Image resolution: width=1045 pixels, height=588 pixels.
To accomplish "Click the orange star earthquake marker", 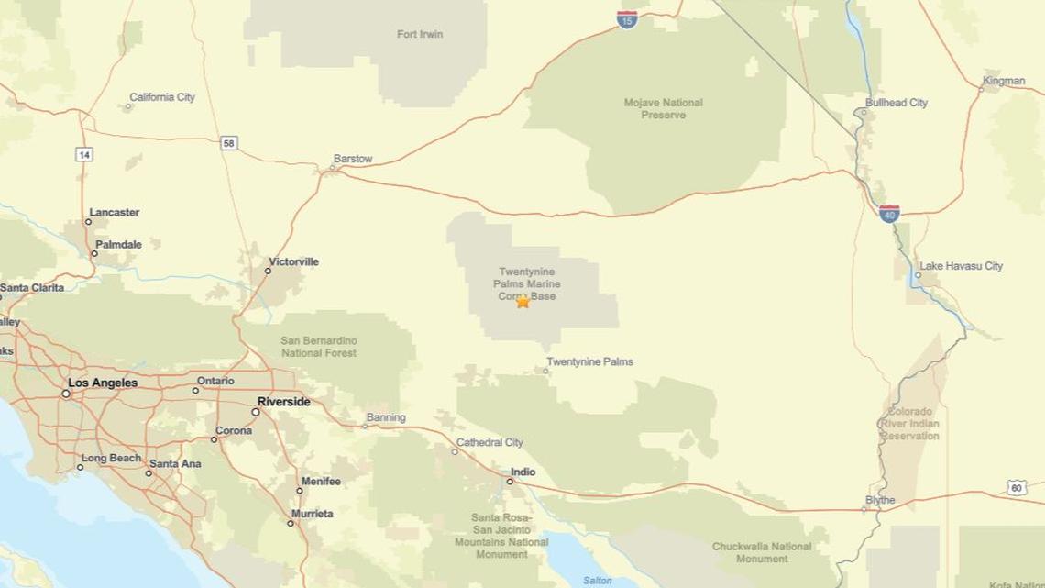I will click(x=522, y=301).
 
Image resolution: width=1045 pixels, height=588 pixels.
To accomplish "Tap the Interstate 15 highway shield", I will click(x=627, y=19).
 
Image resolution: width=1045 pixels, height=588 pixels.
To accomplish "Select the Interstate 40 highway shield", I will click(x=888, y=214).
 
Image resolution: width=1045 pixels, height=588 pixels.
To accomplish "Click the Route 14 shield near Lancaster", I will click(x=84, y=155).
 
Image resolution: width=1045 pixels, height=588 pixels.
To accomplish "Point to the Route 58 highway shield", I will click(x=228, y=143).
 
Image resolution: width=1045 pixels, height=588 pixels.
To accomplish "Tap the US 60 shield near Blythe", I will click(x=1017, y=488).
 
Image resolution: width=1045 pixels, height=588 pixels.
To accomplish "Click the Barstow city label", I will click(x=353, y=159).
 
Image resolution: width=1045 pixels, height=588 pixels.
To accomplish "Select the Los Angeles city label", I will click(x=103, y=383).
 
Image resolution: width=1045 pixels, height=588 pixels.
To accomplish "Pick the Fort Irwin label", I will click(x=420, y=34).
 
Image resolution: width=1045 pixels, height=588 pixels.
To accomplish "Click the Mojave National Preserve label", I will click(x=663, y=108).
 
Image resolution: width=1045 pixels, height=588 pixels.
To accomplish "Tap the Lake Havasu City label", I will click(x=961, y=266).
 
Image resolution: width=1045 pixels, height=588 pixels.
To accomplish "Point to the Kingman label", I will click(x=1004, y=81).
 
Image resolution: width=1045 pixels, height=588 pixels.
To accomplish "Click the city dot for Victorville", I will click(x=269, y=271).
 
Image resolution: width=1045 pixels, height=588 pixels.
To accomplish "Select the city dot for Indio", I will click(x=511, y=481).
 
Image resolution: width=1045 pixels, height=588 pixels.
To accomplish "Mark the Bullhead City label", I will click(x=896, y=103).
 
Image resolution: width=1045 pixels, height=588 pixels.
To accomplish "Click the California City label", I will click(x=162, y=97).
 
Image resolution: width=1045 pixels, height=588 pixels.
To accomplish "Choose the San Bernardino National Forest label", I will click(x=319, y=347).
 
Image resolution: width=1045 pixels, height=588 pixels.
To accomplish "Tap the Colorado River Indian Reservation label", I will click(x=909, y=424).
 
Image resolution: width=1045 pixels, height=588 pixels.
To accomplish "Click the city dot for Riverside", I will click(x=256, y=412).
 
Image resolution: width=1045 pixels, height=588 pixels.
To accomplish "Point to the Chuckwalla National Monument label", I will click(x=761, y=552).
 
